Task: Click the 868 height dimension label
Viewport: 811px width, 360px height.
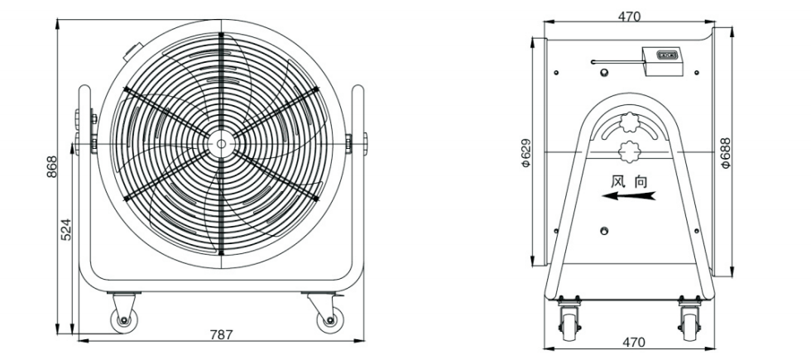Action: click(51, 167)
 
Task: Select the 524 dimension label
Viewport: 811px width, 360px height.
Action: click(66, 229)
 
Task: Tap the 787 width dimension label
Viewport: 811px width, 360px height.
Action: click(222, 334)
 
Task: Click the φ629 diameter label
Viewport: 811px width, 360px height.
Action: click(526, 152)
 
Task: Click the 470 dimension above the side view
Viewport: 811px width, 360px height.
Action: click(629, 17)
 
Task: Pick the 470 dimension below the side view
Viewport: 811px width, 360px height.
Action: click(634, 342)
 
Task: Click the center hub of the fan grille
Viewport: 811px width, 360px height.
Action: click(222, 144)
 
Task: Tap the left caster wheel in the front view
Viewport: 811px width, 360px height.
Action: click(123, 321)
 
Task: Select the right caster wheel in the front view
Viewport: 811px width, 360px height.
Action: click(330, 321)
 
